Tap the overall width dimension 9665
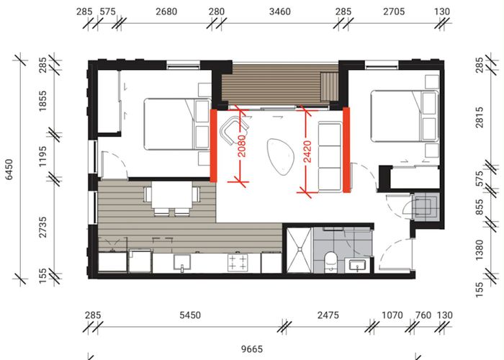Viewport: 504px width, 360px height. pyautogui.click(x=251, y=350)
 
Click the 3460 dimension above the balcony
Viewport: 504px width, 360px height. pyautogui.click(x=278, y=12)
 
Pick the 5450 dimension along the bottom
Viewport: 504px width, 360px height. pyautogui.click(x=189, y=315)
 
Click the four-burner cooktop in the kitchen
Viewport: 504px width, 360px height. pyautogui.click(x=238, y=261)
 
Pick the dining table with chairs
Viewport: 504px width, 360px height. pyautogui.click(x=172, y=197)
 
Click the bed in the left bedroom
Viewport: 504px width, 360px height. pyautogui.click(x=170, y=124)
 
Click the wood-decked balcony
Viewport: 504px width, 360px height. pyautogui.click(x=279, y=86)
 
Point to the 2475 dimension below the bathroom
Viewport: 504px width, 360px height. pyautogui.click(x=326, y=315)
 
